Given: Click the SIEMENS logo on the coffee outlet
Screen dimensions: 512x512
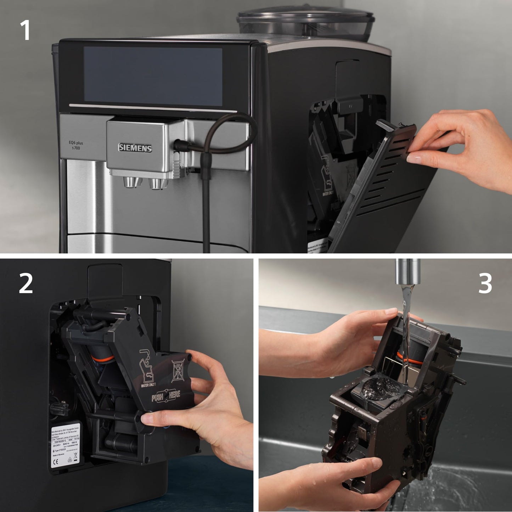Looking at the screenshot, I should coord(135,148).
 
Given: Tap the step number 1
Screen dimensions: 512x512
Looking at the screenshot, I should coord(25,30).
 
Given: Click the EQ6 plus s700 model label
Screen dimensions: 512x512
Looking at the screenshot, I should coord(76,145).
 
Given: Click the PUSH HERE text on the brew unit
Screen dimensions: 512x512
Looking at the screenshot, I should coord(166,396).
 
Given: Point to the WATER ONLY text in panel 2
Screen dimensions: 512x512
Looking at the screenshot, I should coord(148,384).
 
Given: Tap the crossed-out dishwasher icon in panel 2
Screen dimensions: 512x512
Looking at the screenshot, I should coord(178,371).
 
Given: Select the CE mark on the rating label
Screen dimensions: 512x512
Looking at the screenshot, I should coord(56,462).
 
